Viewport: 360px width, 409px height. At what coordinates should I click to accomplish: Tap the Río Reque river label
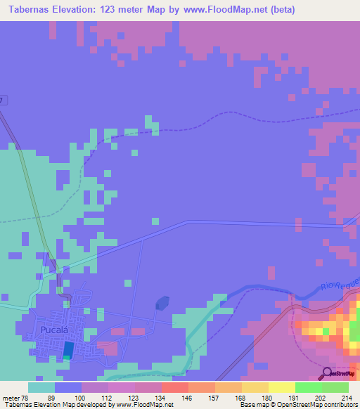[x=341, y=285]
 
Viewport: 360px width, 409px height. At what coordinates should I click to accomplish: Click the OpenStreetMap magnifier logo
[x=328, y=374]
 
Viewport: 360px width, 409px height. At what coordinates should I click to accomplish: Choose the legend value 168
[x=240, y=398]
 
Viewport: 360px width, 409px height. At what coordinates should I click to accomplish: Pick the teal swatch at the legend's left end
[x=41, y=387]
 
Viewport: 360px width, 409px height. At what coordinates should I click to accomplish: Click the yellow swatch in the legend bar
[x=281, y=387]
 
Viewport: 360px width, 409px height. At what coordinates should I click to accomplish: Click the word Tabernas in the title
[x=32, y=9]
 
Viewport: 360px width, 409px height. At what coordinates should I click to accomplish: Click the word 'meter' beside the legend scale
[x=13, y=398]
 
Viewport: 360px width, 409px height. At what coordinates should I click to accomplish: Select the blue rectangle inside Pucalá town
[x=67, y=349]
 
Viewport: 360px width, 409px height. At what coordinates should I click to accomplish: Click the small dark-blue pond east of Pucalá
[x=162, y=303]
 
